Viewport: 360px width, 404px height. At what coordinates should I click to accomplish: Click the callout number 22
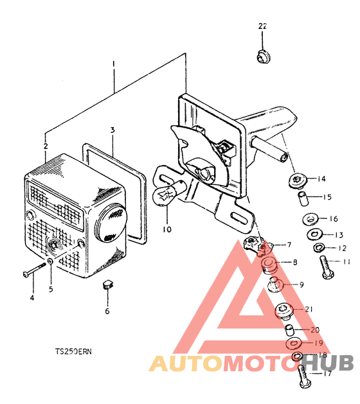coord(262,26)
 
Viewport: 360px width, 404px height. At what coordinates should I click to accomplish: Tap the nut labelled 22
coord(264,57)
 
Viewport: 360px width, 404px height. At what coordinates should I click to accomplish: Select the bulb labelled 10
coord(168,193)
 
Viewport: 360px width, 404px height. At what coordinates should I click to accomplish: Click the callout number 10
coord(167,229)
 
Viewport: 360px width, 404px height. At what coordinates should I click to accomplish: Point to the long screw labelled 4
coord(34,270)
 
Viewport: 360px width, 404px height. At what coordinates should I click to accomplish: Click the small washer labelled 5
coord(51,262)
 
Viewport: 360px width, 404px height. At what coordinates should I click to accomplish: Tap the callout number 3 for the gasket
coord(113,130)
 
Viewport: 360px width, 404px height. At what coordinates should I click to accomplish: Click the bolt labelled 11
coord(327,267)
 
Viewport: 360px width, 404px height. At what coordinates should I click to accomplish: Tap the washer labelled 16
coord(310,219)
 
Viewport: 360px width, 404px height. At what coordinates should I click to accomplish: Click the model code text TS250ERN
coord(73,351)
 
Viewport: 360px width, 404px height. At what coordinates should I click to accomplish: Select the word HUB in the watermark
coord(327,363)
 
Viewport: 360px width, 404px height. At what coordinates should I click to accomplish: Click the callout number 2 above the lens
coord(46,146)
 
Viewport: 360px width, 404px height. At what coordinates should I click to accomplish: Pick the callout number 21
coord(309,309)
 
